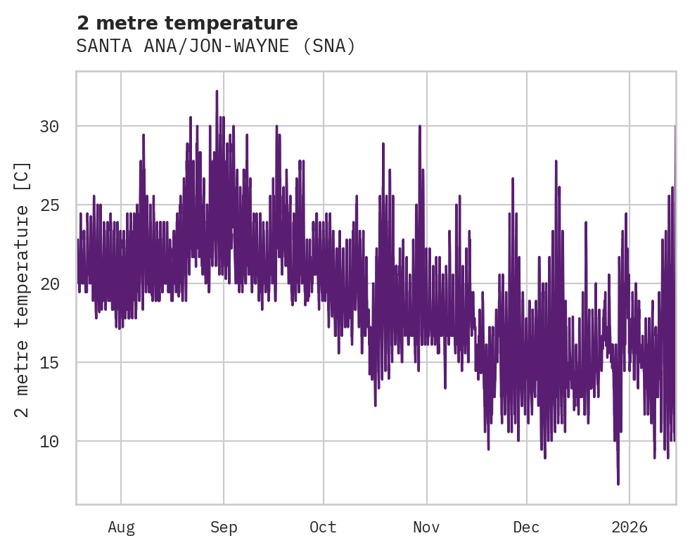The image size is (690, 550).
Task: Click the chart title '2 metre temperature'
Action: pos(187,23)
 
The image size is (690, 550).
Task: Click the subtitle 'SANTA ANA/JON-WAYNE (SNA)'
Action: pos(216,46)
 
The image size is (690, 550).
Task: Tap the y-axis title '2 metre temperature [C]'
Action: pos(23,289)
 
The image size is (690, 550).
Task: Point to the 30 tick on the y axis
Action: pos(49,127)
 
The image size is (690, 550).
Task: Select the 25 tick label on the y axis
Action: pos(49,205)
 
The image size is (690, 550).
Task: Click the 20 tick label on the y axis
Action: pos(49,284)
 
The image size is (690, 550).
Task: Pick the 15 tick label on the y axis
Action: pos(49,363)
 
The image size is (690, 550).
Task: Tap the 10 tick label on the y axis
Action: pos(49,442)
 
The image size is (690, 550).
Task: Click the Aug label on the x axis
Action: pos(121,527)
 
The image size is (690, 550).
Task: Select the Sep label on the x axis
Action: pos(224,527)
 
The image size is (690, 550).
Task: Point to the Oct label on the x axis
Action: pos(323,527)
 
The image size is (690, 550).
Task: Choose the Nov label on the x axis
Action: pos(426,527)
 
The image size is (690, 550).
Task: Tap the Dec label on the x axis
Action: pos(526,527)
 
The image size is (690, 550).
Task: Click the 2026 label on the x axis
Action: pos(629,527)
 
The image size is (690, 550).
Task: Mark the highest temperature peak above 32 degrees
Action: pos(217,91)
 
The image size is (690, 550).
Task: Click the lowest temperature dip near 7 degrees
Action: pos(618,483)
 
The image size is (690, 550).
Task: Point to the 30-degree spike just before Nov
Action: pos(420,127)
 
